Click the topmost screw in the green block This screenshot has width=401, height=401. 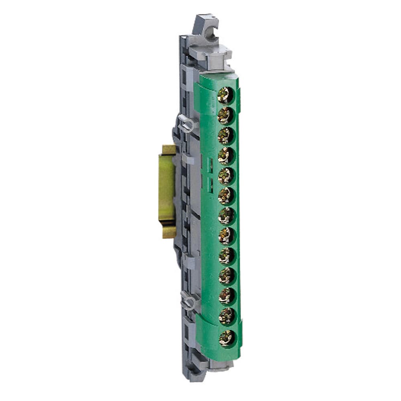pos(225,96)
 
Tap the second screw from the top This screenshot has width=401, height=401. pos(225,115)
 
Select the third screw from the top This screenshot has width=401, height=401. pos(226,136)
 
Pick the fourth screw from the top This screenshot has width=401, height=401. pos(226,156)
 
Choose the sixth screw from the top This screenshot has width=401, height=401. pos(226,196)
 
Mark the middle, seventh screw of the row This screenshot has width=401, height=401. pos(226,216)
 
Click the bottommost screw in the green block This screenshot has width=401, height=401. pos(227,336)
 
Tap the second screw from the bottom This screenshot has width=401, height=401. pos(227,316)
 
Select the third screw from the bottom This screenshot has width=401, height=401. pos(227,296)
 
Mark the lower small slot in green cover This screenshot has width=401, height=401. pos(209,184)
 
